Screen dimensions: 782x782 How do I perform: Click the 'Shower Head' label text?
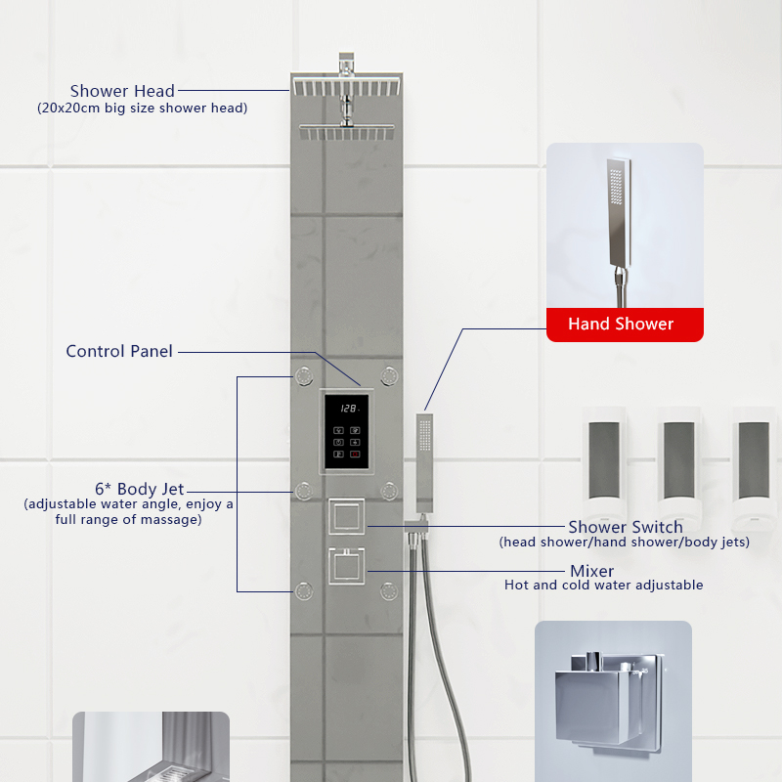click(122, 92)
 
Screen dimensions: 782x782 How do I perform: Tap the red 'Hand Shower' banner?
click(621, 324)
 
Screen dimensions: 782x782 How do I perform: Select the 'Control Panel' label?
click(119, 351)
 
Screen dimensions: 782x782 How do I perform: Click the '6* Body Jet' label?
click(139, 489)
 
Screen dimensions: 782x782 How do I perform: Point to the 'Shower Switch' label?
click(626, 528)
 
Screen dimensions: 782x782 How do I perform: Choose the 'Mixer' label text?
click(592, 571)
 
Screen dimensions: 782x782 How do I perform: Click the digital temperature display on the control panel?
click(348, 409)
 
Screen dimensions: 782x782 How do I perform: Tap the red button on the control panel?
click(355, 455)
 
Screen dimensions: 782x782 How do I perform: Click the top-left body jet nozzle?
click(304, 374)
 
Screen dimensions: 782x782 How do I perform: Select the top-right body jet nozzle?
click(390, 374)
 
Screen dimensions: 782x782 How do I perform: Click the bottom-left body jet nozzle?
click(304, 590)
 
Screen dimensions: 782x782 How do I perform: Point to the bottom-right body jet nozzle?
click(390, 590)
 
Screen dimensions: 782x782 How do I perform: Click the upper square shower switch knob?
click(347, 515)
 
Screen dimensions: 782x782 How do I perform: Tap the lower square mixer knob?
click(347, 566)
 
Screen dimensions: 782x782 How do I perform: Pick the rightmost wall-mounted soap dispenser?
click(753, 459)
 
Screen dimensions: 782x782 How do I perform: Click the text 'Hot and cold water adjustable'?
click(603, 586)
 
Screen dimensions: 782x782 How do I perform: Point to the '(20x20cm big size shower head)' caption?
click(142, 109)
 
